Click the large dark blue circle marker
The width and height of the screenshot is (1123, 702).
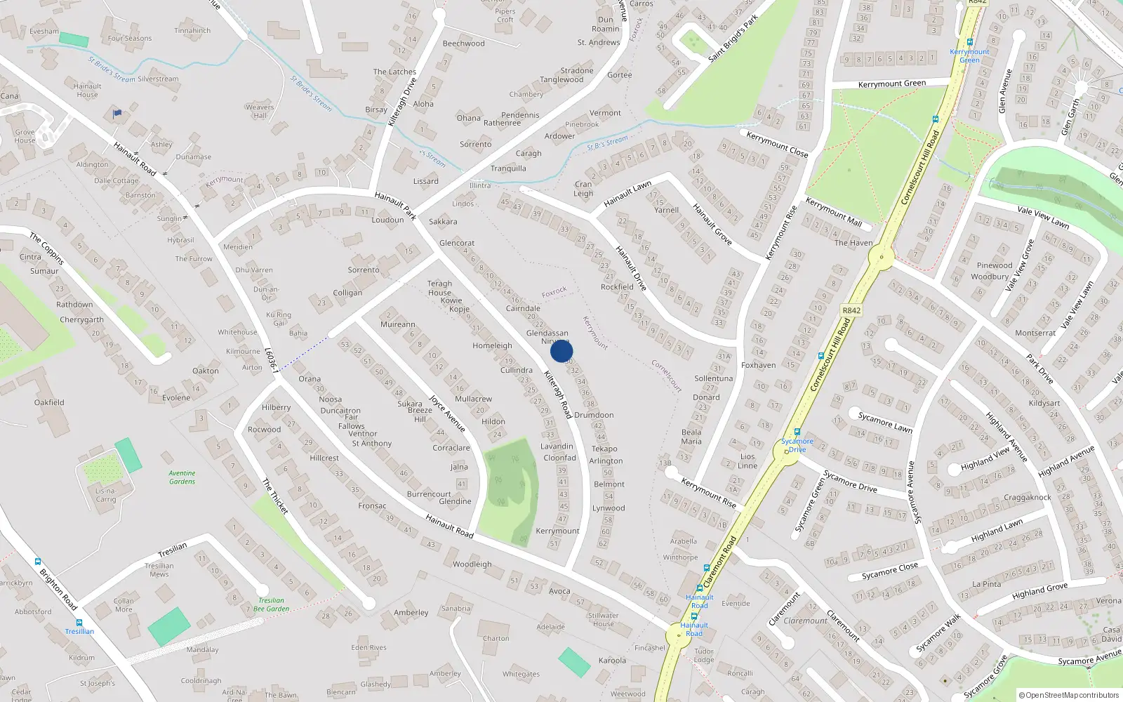click(x=561, y=351)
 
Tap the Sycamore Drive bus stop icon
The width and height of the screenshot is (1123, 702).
click(x=797, y=432)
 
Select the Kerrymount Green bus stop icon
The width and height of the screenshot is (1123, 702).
click(x=969, y=42)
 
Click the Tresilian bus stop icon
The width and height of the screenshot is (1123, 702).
click(x=79, y=622)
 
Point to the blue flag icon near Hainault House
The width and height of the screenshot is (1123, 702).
click(x=117, y=112)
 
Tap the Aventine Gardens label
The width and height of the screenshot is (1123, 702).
click(x=182, y=477)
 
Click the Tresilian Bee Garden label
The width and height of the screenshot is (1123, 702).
click(x=271, y=604)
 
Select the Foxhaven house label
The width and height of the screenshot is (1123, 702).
click(x=758, y=365)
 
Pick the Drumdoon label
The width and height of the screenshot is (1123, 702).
click(x=594, y=415)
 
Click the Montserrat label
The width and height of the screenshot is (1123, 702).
click(x=1035, y=333)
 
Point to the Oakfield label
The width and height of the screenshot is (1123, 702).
click(x=49, y=402)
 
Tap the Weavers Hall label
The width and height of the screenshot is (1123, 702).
click(x=260, y=111)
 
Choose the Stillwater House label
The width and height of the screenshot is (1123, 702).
click(x=603, y=619)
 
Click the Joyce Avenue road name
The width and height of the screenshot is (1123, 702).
click(x=447, y=413)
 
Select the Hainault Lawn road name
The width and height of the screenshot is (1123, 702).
click(x=627, y=194)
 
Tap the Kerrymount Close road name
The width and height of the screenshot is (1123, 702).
click(x=777, y=144)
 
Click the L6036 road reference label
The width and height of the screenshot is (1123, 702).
click(x=272, y=359)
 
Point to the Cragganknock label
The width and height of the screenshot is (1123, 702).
click(x=1027, y=497)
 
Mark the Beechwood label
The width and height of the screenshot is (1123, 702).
click(x=463, y=44)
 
